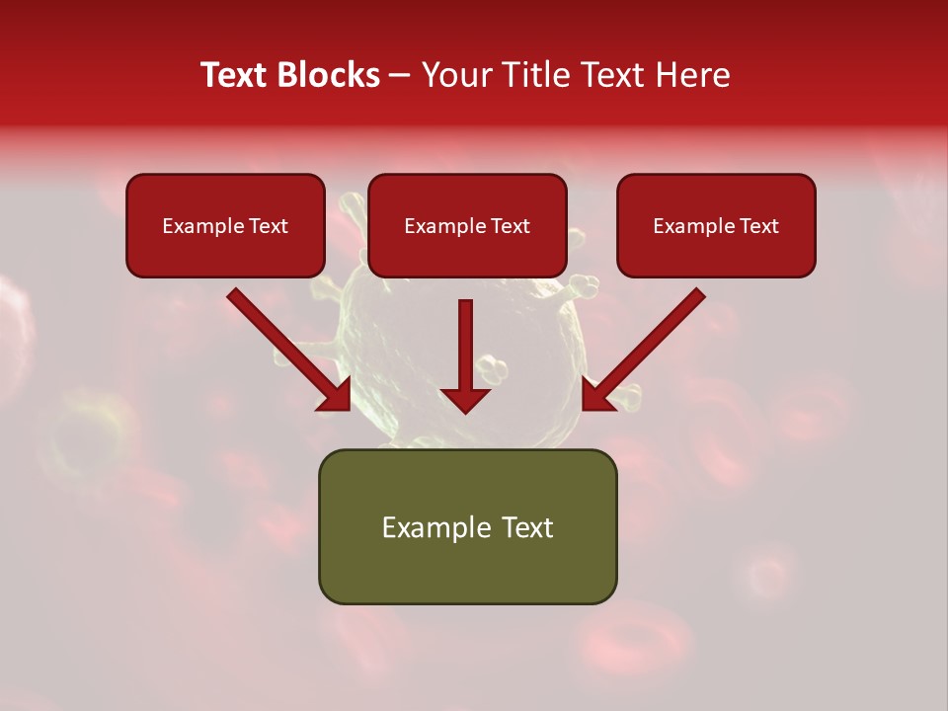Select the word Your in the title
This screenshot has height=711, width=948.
453,75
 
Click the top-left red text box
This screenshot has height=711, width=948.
225,225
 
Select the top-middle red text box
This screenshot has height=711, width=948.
467,225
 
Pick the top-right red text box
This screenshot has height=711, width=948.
716,225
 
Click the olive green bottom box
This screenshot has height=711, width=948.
467,526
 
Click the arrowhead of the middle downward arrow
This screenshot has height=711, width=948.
465,399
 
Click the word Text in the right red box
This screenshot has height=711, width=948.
758,226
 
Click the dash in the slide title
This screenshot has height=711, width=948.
400,75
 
